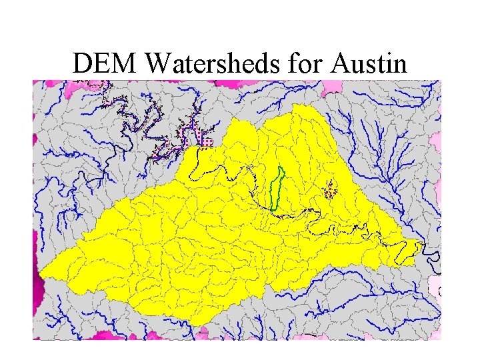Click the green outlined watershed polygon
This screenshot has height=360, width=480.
(x=277, y=188)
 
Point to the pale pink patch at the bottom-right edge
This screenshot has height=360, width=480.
(x=434, y=287)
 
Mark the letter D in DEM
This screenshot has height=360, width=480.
(x=84, y=64)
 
